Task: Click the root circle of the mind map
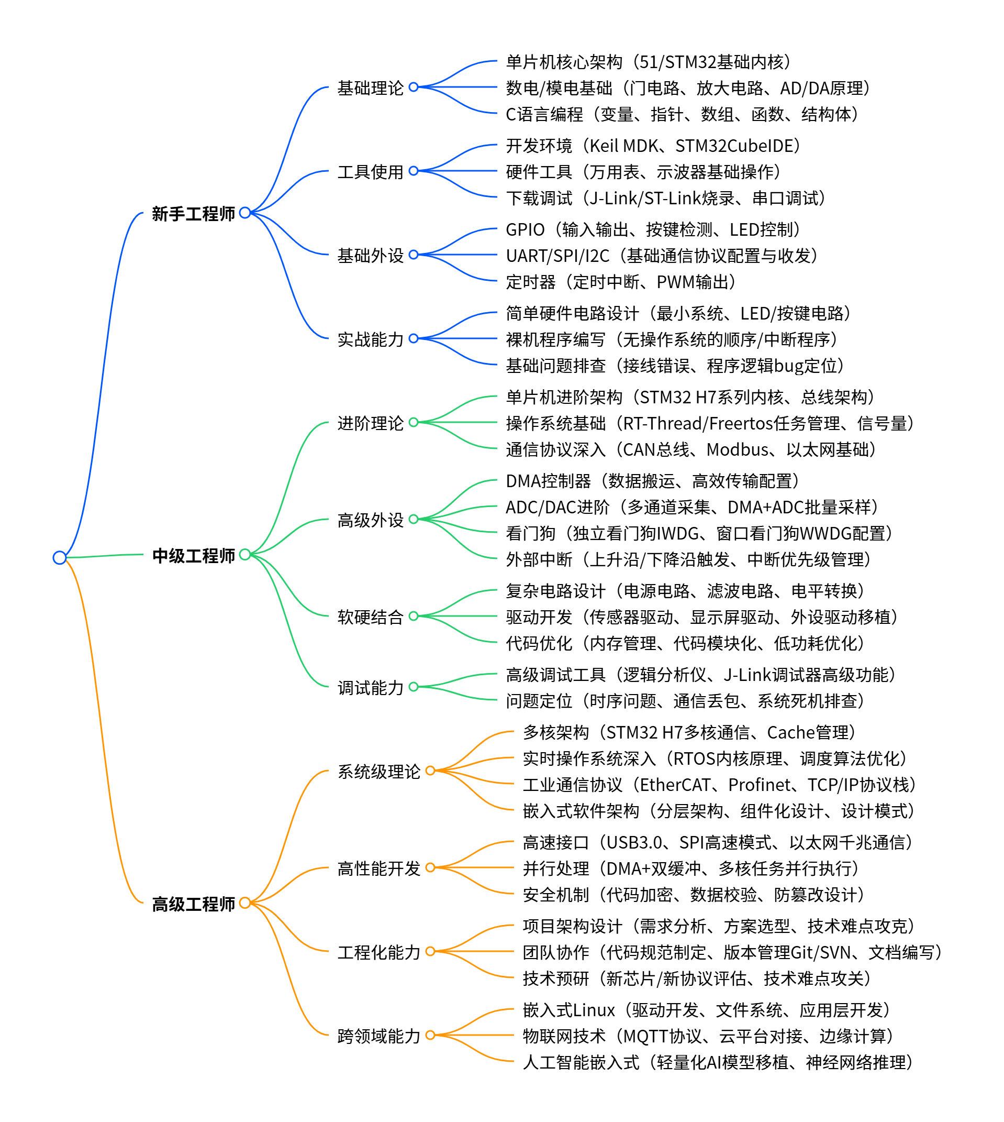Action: coord(60,557)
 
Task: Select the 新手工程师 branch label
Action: coord(193,214)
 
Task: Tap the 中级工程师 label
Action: coord(193,555)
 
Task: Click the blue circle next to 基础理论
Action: coord(413,87)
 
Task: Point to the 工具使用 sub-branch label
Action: coord(370,172)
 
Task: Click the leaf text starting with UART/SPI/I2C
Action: coord(662,256)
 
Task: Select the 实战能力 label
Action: coord(370,339)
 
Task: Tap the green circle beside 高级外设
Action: coord(413,519)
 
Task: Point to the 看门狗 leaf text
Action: coord(699,533)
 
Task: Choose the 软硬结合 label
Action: coord(370,617)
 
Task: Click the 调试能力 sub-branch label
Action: coord(370,688)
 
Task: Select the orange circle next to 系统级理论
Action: coord(430,771)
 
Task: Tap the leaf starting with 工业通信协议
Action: coord(719,784)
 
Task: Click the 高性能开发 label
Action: coord(379,868)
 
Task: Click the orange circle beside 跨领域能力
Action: coord(430,1035)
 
